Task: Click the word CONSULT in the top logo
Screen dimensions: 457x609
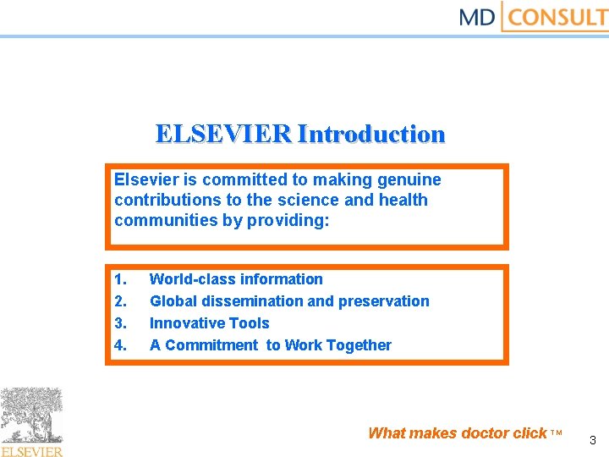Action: (x=559, y=17)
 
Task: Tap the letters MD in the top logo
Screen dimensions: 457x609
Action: (x=477, y=17)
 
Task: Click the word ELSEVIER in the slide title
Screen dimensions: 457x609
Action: (x=223, y=134)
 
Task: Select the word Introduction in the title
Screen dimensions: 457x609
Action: (x=371, y=134)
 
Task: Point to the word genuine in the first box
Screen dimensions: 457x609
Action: (x=409, y=179)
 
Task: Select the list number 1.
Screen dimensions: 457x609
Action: (x=121, y=279)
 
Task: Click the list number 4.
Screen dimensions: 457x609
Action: (x=121, y=345)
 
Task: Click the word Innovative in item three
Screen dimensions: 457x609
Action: (x=184, y=323)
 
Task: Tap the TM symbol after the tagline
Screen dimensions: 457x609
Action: (x=557, y=433)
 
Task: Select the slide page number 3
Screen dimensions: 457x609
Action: (x=592, y=440)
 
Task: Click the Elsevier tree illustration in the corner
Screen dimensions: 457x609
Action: (x=32, y=416)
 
